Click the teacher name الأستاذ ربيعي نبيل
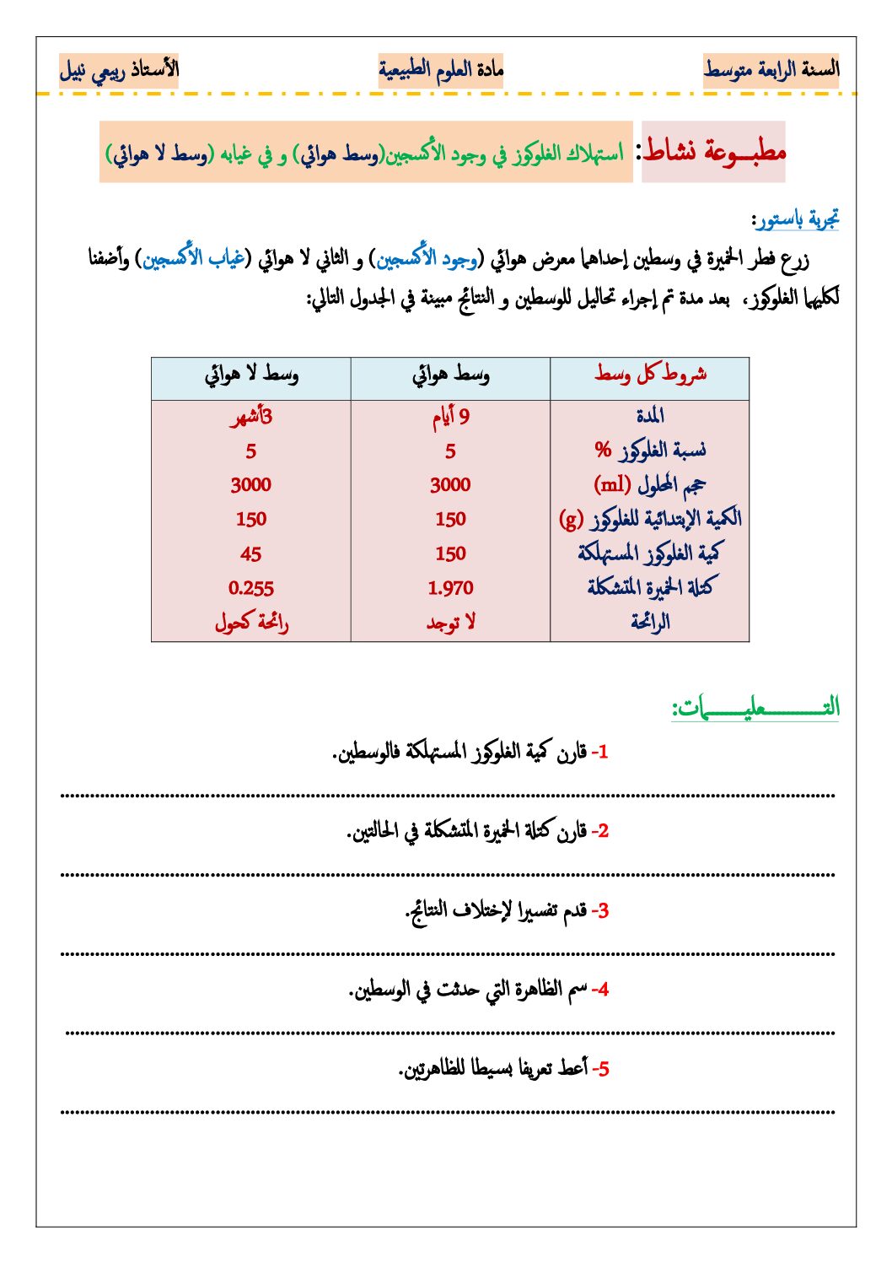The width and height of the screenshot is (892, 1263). pos(119,70)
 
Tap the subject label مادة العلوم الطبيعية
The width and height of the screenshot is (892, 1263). pos(440,70)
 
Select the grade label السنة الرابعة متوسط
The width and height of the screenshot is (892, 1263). pos(771,70)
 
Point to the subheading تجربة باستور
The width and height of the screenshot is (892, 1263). pos(795,220)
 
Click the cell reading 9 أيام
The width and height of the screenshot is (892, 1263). pos(450,416)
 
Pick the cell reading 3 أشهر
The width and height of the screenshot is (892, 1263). pos(251,417)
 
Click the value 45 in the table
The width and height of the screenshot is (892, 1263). pos(251,554)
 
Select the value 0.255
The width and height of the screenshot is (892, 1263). pos(251,589)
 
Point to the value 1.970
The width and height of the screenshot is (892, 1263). pos(450,589)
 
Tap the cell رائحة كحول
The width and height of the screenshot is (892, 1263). pos(251,623)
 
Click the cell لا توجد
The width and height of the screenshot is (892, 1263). pos(450,623)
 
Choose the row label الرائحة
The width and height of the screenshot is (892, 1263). pos(650,623)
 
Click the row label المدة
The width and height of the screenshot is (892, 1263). pos(650,416)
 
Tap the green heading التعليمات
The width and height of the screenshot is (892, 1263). pos(755,708)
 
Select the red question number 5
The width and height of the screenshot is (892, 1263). pos(601,1070)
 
